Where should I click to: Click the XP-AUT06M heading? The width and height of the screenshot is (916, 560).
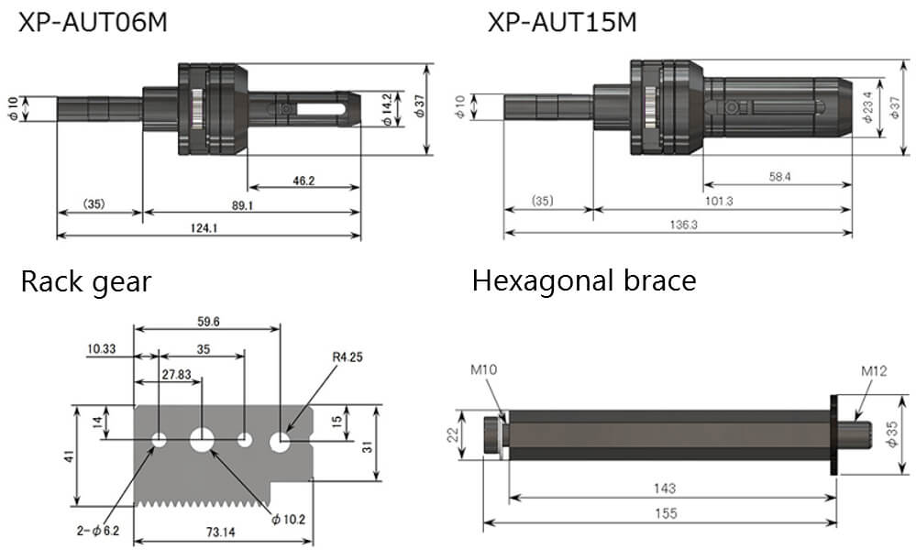[x=94, y=23]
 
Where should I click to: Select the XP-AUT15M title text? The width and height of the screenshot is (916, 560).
[x=562, y=23]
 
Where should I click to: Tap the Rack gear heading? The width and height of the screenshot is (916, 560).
[x=85, y=281]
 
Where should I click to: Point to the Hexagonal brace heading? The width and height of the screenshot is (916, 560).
[x=583, y=280]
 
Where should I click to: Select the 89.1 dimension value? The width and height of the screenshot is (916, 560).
[x=243, y=206]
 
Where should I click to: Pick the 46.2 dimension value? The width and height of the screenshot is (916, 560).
[x=303, y=181]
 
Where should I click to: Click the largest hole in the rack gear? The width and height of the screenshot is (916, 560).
[x=202, y=440]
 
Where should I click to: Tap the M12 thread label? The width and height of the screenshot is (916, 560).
[x=874, y=371]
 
